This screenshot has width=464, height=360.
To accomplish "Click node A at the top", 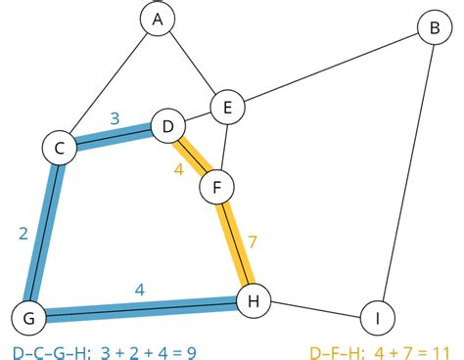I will pyautogui.click(x=156, y=18).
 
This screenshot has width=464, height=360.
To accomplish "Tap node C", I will pyautogui.click(x=59, y=148).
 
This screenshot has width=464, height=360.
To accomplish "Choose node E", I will pyautogui.click(x=227, y=108).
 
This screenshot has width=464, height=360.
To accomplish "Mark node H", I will pyautogui.click(x=254, y=301).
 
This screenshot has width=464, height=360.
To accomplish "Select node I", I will pyautogui.click(x=376, y=318).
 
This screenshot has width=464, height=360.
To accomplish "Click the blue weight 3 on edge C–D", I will pyautogui.click(x=115, y=118).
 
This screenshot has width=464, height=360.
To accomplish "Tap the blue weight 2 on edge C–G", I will pyautogui.click(x=22, y=233).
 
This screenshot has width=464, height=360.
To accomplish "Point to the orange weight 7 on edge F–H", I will pyautogui.click(x=252, y=240).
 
